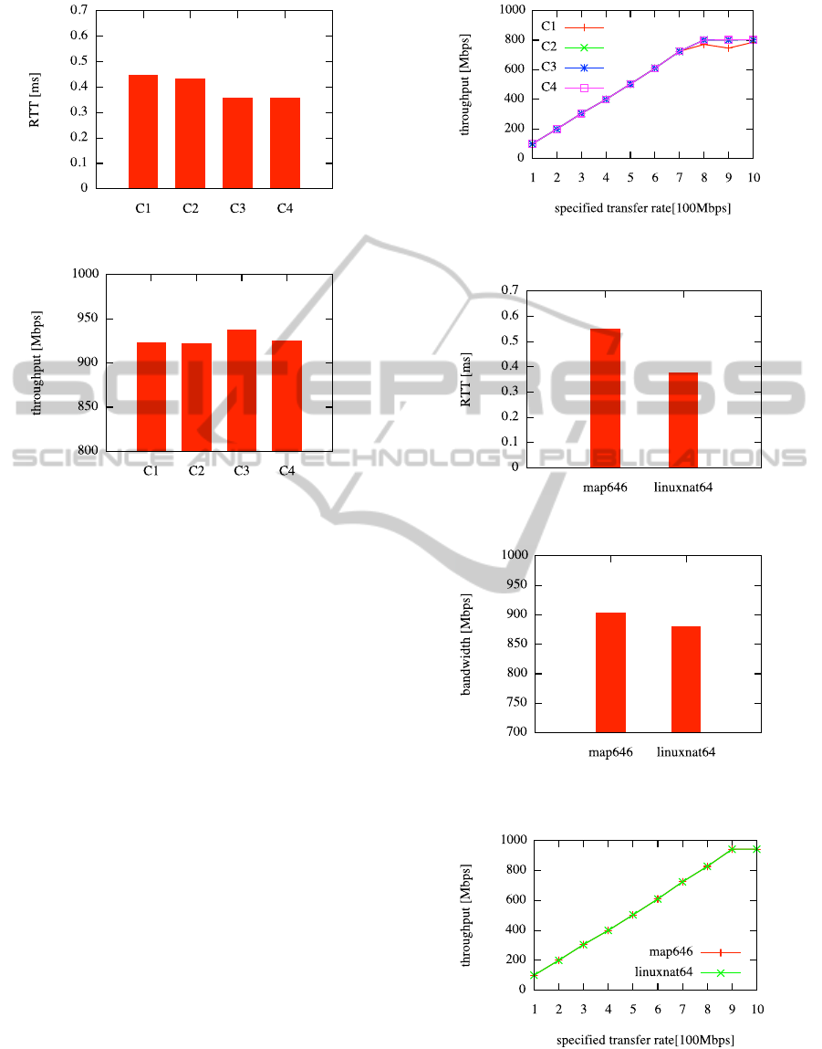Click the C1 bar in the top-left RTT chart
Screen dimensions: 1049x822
(143, 131)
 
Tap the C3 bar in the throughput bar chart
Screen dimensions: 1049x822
(242, 390)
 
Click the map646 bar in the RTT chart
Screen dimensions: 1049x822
(605, 398)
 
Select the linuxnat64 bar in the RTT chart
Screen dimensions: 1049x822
(683, 420)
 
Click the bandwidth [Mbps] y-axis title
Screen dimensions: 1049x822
(466, 642)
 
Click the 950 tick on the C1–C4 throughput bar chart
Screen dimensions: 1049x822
(89, 319)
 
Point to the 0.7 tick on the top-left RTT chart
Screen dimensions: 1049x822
(79, 10)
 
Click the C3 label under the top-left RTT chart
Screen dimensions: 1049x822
(238, 209)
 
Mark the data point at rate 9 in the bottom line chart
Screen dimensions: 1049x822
(732, 849)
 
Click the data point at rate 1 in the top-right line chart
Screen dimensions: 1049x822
(532, 143)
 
